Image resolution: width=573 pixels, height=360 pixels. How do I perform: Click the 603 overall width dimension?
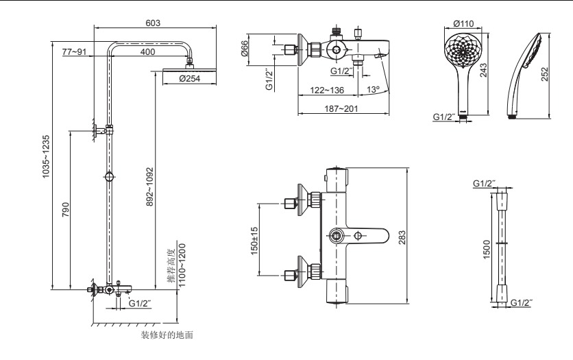pyautogui.click(x=153, y=23)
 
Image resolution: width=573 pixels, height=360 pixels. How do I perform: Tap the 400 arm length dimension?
pyautogui.click(x=147, y=52)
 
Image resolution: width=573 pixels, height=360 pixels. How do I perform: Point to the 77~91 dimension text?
pyautogui.click(x=73, y=52)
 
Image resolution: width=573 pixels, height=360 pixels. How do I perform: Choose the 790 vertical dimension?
pyautogui.click(x=64, y=209)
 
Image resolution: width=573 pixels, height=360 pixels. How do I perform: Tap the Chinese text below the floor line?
pyautogui.click(x=168, y=335)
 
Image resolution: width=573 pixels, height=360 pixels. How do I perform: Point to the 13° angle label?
pyautogui.click(x=373, y=89)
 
